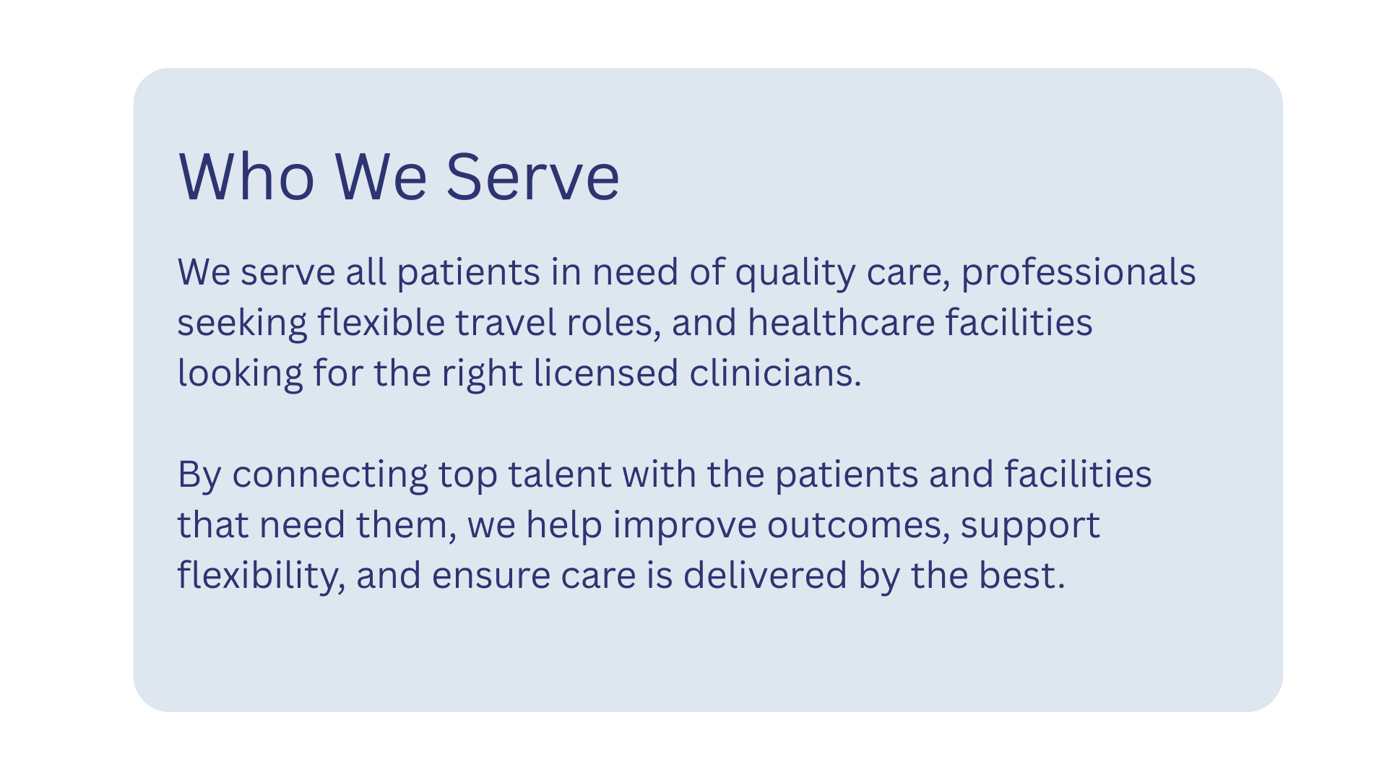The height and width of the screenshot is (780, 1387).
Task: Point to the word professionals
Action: [1078, 272]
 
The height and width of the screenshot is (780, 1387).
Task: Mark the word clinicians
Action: [775, 373]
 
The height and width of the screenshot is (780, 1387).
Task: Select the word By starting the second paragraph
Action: [199, 475]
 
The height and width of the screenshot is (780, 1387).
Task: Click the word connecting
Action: [330, 475]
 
